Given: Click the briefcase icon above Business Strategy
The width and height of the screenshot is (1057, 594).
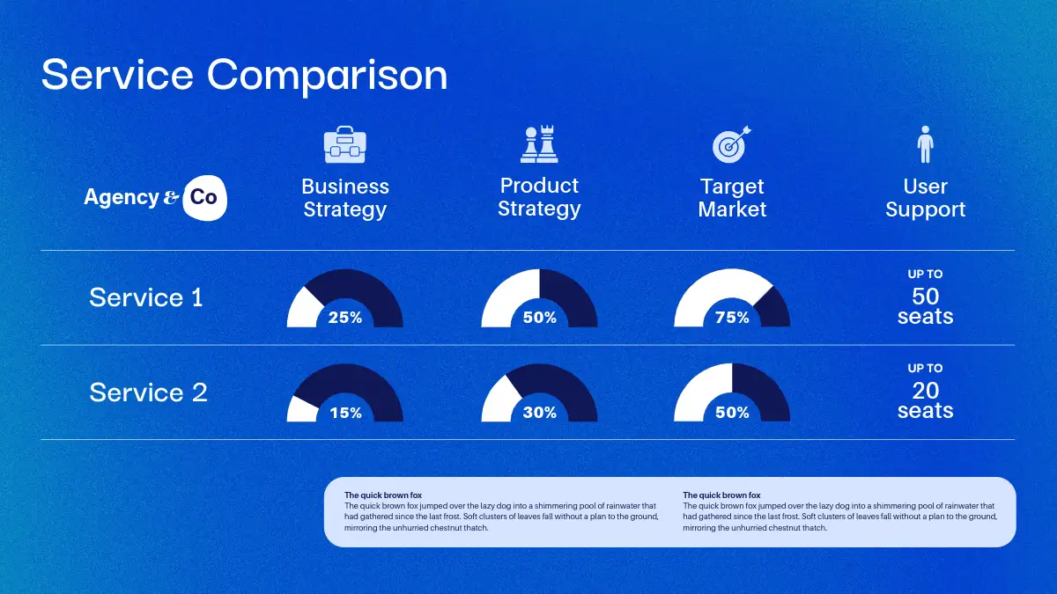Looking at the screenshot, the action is [345, 144].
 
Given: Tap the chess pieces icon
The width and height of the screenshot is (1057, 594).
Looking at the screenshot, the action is [539, 144].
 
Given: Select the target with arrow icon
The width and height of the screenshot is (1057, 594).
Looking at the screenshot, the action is [732, 144].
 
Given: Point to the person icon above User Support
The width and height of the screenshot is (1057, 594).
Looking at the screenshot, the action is [926, 144].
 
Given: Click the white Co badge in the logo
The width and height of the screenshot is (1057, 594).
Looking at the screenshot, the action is [204, 198].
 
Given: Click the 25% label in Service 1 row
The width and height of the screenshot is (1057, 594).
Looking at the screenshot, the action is [345, 318].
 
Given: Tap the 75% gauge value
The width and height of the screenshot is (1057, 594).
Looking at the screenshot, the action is [732, 318].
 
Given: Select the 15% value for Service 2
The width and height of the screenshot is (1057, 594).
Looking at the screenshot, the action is [345, 413].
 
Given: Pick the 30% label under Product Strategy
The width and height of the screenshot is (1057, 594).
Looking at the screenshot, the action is [539, 413].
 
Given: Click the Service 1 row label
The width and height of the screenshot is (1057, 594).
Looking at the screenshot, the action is [146, 297].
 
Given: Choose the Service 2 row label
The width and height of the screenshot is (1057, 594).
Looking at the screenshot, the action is [148, 392].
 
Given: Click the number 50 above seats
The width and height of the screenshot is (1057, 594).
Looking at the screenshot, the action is [926, 297].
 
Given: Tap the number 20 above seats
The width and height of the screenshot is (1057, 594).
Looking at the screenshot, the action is [926, 391].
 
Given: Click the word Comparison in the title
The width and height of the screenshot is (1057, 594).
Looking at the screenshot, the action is [327, 76].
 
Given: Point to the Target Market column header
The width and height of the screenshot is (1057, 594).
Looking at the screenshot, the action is [732, 198].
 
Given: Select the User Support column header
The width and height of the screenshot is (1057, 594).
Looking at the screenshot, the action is [926, 198].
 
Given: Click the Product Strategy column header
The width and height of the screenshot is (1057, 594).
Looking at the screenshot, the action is [539, 197].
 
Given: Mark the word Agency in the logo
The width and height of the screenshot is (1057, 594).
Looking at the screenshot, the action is [122, 197].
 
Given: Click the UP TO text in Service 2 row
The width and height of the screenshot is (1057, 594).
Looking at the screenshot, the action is [926, 368].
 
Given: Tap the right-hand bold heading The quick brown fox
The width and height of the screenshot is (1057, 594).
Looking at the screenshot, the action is [721, 495].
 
